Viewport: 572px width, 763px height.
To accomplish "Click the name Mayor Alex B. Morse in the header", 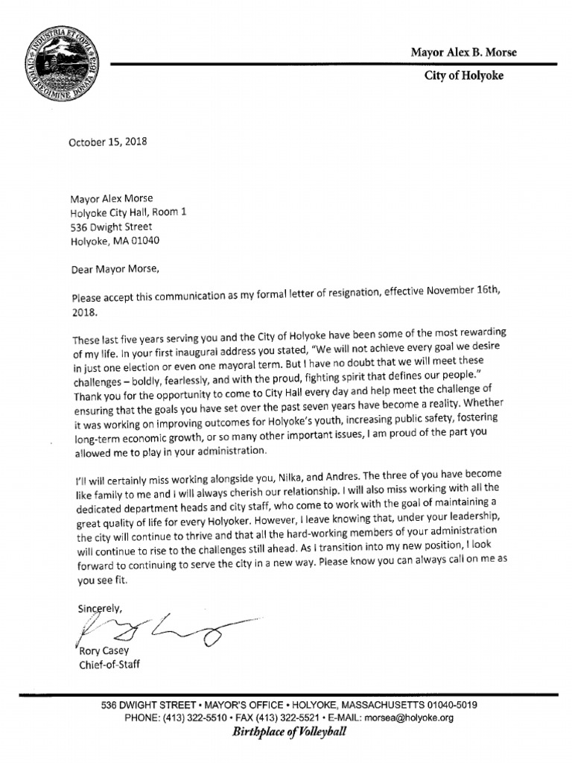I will click(463, 52).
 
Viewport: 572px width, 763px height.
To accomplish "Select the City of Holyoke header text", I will click(463, 77).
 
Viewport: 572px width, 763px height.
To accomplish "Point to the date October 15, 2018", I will click(107, 142).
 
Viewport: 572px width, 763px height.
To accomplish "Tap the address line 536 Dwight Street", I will click(111, 227).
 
